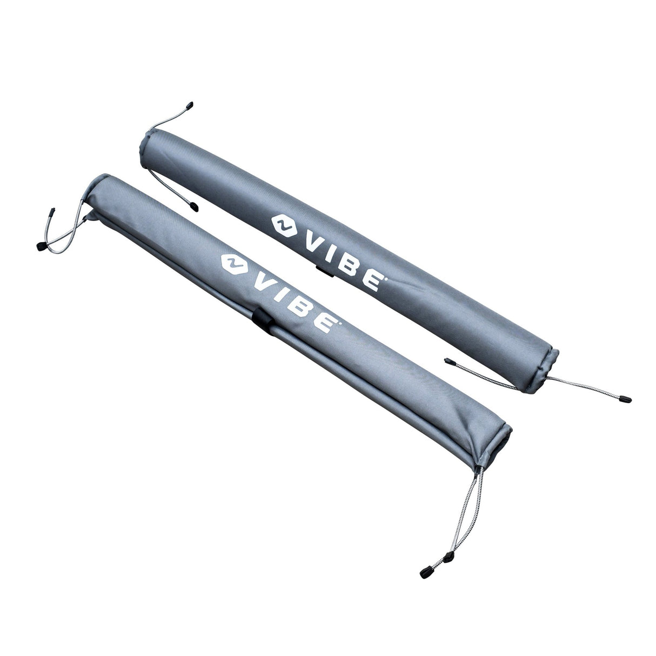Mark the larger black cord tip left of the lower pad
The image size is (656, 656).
point(41,247)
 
